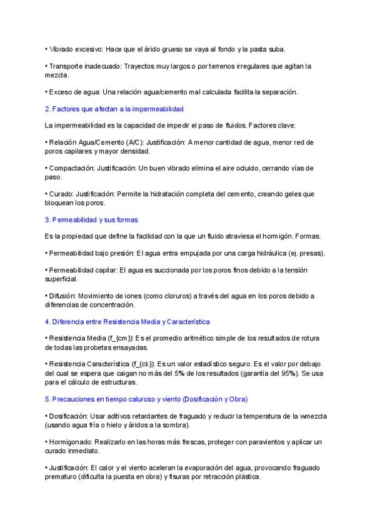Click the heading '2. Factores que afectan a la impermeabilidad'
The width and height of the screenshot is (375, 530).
pyautogui.click(x=114, y=109)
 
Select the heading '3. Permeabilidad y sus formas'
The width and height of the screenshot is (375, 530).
pyautogui.click(x=91, y=220)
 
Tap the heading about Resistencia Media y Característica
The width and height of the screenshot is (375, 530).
pyautogui.click(x=127, y=321)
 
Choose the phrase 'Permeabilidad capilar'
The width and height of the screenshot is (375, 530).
pyautogui.click(x=82, y=270)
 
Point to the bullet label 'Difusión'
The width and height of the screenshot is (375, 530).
pyautogui.click(x=62, y=296)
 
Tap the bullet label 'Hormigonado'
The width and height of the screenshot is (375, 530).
pyautogui.click(x=71, y=442)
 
